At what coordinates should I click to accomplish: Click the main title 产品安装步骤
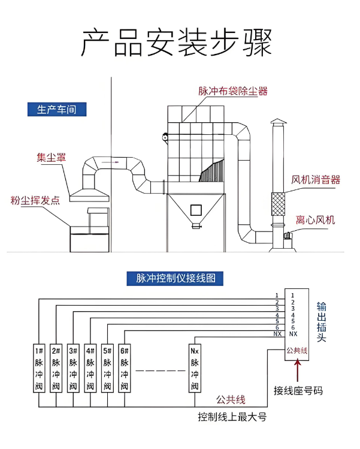177,43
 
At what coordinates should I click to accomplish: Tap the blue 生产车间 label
57,110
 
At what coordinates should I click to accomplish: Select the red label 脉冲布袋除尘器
233,91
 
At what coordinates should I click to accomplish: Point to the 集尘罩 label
51,158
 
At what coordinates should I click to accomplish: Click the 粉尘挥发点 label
35,200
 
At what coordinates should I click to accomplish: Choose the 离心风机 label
315,220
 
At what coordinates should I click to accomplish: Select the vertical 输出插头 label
322,322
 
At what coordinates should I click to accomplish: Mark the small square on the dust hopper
195,209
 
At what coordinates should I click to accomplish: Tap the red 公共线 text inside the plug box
297,351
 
